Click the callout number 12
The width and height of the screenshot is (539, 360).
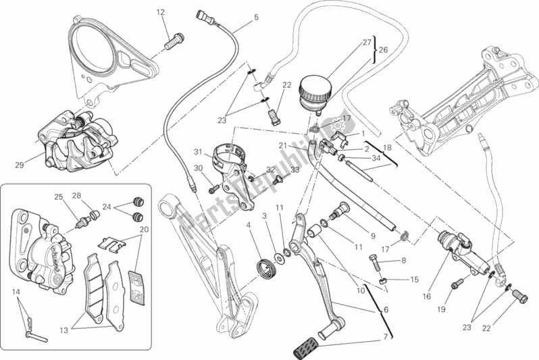pyautogui.click(x=161, y=12)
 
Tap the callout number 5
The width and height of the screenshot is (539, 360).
pyautogui.click(x=256, y=18)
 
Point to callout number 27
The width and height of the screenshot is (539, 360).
pyautogui.click(x=367, y=42)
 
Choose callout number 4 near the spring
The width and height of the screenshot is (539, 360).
pyautogui.click(x=249, y=225)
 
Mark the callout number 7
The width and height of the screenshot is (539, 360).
pyautogui.click(x=386, y=336)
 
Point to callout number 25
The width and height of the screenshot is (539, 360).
pyautogui.click(x=58, y=197)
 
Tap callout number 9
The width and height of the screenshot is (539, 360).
pyautogui.click(x=371, y=236)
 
